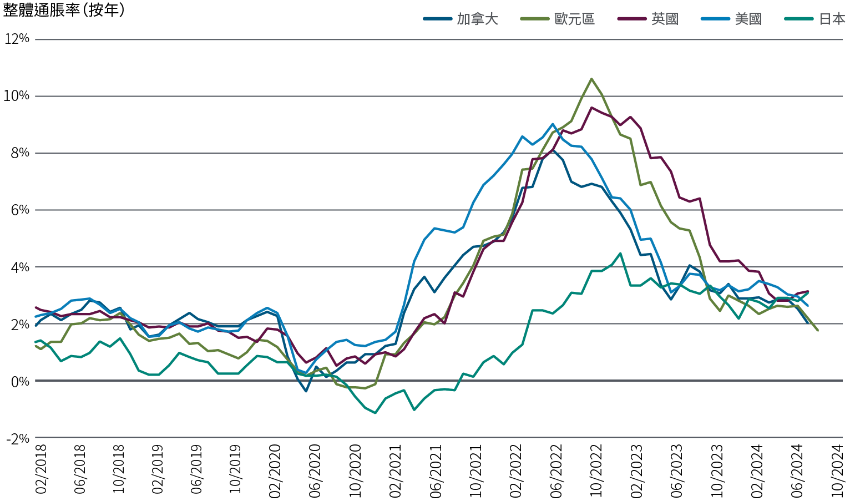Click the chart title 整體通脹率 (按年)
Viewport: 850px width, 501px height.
(x=63, y=10)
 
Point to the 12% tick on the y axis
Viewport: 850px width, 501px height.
(x=17, y=39)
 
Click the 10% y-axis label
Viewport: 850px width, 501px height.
(x=17, y=96)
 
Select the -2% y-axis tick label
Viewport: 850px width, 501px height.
(x=18, y=438)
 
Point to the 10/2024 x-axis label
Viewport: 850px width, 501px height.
(x=838, y=469)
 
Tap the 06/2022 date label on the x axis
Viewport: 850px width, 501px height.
(x=555, y=469)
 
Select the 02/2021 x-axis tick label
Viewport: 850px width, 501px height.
(x=397, y=469)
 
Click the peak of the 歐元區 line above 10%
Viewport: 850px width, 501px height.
(x=591, y=79)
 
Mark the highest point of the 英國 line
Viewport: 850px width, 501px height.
(x=591, y=108)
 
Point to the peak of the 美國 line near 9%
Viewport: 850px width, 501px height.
(x=553, y=124)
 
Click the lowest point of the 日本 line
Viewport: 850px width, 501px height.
(x=376, y=413)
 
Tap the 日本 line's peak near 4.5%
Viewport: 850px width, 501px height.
(x=620, y=254)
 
